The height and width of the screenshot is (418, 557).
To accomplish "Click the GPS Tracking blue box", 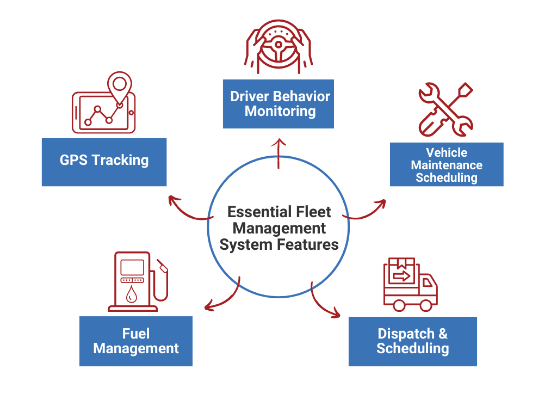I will click(104, 162).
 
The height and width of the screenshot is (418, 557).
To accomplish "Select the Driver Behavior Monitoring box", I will click(278, 104).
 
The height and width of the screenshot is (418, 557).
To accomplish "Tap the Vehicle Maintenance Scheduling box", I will click(447, 164).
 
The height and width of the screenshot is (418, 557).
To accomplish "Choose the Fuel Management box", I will click(136, 341).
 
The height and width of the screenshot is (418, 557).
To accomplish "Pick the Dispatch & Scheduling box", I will click(412, 341).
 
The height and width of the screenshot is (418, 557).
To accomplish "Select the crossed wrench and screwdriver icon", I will click(445, 109).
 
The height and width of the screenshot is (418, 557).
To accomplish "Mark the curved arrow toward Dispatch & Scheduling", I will click(323, 302).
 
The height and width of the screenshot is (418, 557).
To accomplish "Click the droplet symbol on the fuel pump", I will click(131, 295).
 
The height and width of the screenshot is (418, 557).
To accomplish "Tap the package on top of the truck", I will click(401, 265).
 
